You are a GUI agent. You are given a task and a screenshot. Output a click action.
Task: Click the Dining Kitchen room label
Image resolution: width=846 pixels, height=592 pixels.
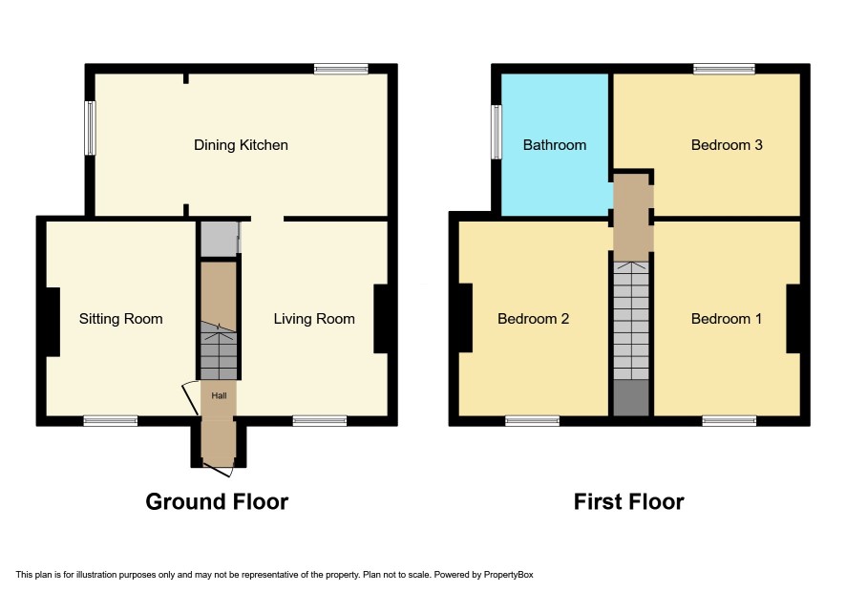(x=241, y=145)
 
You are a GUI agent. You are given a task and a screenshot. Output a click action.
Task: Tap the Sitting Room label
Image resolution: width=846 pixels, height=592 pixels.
(x=121, y=319)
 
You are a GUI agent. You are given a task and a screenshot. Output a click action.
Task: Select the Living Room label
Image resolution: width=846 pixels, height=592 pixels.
(x=314, y=319)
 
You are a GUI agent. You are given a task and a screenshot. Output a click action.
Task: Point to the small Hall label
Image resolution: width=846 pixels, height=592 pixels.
(x=219, y=395)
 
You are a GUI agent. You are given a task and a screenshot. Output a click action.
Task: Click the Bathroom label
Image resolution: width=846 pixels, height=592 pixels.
(x=555, y=145)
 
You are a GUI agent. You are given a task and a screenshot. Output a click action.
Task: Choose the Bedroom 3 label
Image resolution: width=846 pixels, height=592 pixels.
(x=727, y=145)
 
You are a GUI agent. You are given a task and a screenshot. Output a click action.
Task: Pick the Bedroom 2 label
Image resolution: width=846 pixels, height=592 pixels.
(x=533, y=319)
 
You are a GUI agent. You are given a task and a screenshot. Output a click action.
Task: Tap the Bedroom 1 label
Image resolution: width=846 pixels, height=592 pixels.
(x=727, y=319)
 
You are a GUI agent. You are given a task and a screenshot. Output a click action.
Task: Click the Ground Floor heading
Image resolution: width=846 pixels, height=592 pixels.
(x=217, y=502)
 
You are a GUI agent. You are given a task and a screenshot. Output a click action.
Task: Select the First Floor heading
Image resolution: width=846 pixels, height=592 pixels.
(x=628, y=502)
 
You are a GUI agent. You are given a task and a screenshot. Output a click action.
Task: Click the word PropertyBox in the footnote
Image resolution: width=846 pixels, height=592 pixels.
(x=508, y=575)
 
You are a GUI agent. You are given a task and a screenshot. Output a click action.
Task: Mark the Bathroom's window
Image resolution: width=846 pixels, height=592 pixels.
(x=497, y=132)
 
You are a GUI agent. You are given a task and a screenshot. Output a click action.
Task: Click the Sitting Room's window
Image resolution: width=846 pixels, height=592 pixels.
(x=110, y=421)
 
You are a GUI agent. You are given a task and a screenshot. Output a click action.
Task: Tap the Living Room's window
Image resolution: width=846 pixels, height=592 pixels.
(x=320, y=421)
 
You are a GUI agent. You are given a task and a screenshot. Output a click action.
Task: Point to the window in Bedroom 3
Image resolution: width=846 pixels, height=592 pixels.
(x=724, y=69)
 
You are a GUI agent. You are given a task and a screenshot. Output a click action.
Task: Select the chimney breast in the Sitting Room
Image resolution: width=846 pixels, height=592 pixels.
(x=53, y=322)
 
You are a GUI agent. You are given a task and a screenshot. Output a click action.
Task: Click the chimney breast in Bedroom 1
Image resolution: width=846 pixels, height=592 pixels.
(x=793, y=319)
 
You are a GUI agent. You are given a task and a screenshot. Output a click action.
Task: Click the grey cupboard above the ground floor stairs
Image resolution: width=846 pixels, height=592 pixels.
(x=219, y=239)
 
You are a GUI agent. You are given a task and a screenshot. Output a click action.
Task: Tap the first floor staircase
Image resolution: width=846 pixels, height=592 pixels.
(x=631, y=321)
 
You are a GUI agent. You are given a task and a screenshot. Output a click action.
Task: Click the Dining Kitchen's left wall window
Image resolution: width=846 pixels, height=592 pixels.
(x=90, y=128)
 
